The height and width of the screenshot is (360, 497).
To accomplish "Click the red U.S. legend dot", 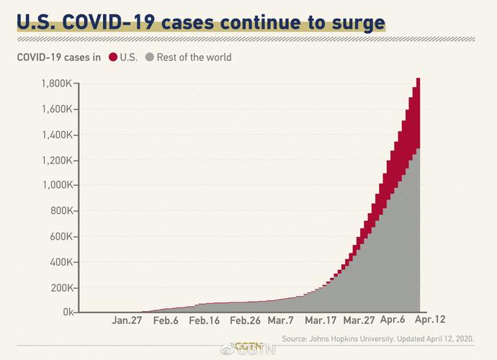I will [112, 57].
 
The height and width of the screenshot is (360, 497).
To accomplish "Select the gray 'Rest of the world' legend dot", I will [150, 57].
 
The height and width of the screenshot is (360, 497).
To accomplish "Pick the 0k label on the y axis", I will [67, 312].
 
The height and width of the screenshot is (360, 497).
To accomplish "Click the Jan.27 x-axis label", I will [127, 320].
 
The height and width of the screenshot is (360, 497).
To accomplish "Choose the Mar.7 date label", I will [280, 320].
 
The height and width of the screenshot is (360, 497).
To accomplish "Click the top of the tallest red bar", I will [418, 79].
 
